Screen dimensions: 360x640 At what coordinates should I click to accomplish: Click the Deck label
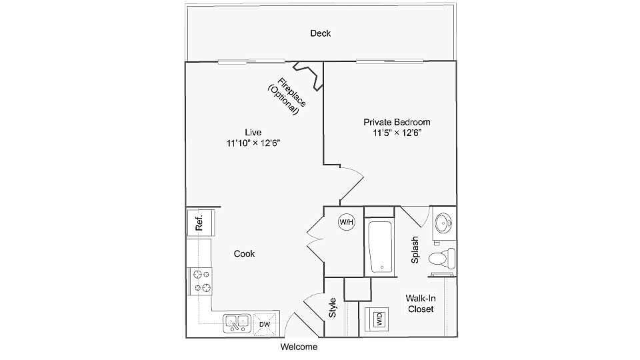click(321, 33)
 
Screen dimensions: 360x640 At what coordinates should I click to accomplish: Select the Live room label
click(253, 131)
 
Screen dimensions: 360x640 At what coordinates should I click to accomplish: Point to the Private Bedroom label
click(397, 122)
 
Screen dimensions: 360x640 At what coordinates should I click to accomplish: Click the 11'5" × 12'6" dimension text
click(397, 133)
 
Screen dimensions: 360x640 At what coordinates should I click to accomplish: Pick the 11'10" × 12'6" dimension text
click(253, 143)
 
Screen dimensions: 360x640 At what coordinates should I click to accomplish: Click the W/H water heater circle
click(347, 222)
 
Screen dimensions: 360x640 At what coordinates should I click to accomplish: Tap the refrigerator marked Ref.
click(200, 222)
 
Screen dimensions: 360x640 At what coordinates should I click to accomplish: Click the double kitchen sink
click(236, 323)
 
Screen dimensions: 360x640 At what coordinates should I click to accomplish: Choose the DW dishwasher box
click(265, 324)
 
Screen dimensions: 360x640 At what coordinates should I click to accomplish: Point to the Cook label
click(244, 254)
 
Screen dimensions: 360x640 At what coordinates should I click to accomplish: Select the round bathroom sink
click(444, 222)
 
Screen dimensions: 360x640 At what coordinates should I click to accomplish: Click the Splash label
click(415, 250)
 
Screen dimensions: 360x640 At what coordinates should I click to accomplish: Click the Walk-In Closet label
click(420, 304)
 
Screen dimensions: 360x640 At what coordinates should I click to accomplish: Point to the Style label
click(333, 307)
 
